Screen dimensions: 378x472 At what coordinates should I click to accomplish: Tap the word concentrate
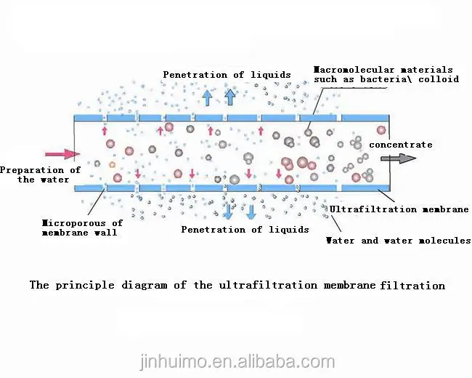tap(400, 145)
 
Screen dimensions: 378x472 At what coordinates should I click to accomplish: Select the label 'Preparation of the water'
tap(39, 174)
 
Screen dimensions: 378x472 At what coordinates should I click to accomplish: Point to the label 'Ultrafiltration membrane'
tap(399, 209)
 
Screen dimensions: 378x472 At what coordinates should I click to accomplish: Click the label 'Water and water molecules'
tap(398, 241)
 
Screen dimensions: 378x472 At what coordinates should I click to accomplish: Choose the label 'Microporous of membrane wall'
tap(81, 228)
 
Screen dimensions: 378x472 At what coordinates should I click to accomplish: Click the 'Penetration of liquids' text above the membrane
tap(227, 74)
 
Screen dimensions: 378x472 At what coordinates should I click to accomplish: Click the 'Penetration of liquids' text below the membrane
tap(245, 230)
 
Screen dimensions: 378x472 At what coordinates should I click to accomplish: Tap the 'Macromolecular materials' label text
tap(386, 70)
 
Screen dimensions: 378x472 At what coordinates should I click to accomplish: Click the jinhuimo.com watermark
tap(236, 361)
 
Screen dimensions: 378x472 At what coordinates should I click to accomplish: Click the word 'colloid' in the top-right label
tap(439, 79)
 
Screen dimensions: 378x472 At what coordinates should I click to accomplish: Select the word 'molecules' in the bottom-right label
tap(445, 241)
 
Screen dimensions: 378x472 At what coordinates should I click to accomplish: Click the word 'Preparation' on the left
tap(30, 170)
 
